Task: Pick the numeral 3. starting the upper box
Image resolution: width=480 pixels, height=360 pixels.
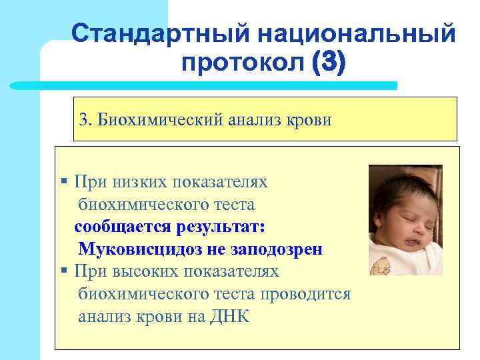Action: [x=85, y=119]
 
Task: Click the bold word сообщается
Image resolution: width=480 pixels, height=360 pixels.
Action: [x=123, y=227]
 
